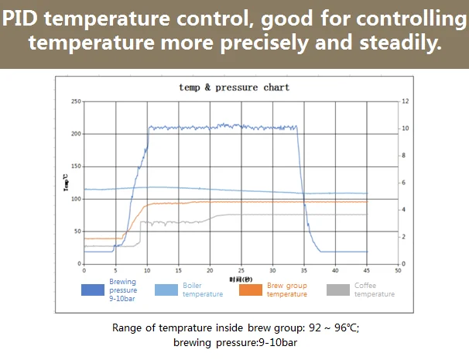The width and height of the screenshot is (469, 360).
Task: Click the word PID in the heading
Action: click(x=26, y=16)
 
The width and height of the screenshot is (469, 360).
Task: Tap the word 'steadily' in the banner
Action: click(x=401, y=43)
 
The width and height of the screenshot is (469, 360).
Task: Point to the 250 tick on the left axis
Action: click(x=76, y=101)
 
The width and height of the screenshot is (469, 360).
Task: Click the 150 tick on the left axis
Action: click(x=76, y=166)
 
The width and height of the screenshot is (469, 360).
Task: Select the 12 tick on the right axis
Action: click(x=404, y=101)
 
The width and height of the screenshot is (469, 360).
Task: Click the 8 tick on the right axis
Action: click(x=403, y=156)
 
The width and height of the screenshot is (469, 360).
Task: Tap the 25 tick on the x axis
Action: click(x=241, y=271)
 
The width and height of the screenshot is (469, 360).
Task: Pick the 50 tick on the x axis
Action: click(x=398, y=271)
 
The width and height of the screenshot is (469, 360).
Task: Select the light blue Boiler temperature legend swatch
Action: click(x=167, y=290)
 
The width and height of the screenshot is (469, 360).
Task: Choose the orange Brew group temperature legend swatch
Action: click(x=251, y=290)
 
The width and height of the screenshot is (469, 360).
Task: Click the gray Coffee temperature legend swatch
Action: click(x=337, y=290)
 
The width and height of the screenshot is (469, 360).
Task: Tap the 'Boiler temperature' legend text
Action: click(x=203, y=290)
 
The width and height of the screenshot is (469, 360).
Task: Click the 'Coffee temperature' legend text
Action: click(x=375, y=290)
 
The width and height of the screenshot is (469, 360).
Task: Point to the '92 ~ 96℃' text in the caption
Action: click(x=329, y=327)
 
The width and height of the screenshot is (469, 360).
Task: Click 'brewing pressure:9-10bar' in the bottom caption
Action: click(x=235, y=342)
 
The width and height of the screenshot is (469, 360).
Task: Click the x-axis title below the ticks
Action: click(x=241, y=279)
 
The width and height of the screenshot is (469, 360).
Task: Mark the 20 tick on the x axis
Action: click(x=209, y=271)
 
